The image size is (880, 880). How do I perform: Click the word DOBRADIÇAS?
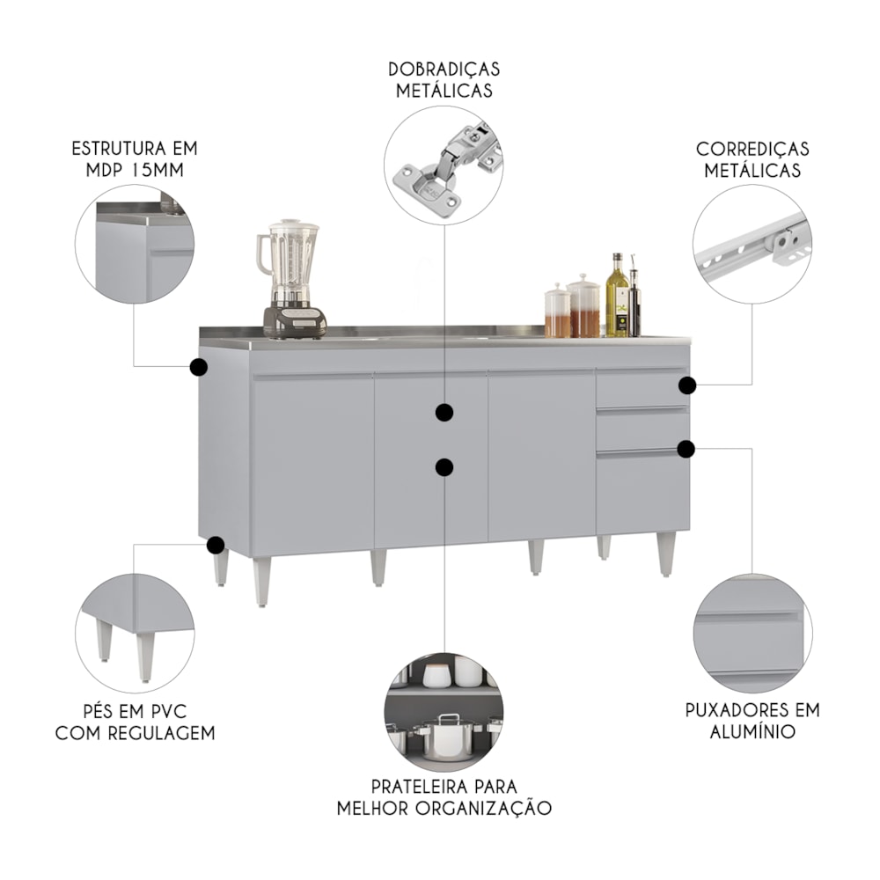tap(444, 70)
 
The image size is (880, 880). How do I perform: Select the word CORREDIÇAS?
tap(752, 150)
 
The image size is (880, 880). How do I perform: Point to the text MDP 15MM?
tap(135, 170)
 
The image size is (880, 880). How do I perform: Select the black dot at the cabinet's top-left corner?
tap(198, 368)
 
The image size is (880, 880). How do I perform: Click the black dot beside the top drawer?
tap(687, 385)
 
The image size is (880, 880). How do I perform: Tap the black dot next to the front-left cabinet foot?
tap(216, 545)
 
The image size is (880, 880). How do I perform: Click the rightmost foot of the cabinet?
tap(666, 554)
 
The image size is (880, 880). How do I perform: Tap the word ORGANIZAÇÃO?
tap(484, 808)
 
